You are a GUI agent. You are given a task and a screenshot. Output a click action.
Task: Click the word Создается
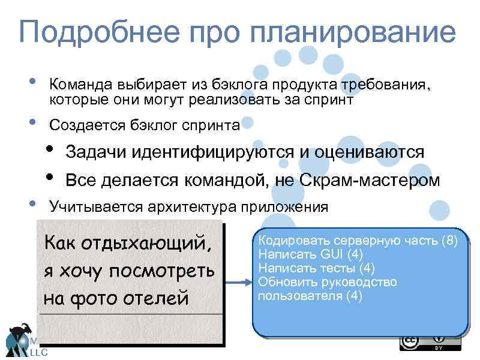pos(87,125)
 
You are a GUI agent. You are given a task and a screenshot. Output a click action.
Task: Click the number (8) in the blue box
pos(449,241)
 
